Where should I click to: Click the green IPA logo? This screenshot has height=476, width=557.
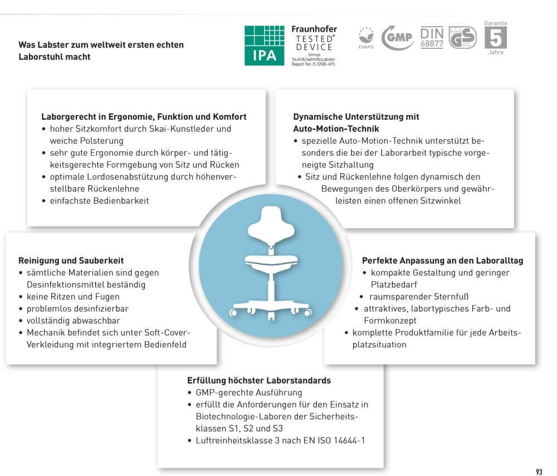tap(264, 45)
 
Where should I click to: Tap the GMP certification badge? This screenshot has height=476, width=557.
tap(397, 38)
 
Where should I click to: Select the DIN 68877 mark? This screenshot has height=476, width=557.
tap(432, 37)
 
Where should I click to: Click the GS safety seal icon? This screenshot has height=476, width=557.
tap(462, 38)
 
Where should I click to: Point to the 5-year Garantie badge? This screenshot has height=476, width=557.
tap(495, 37)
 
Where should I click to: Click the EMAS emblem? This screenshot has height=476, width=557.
tap(366, 38)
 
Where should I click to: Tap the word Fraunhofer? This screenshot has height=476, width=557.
tap(314, 29)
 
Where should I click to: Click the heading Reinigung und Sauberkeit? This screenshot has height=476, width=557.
tap(71, 261)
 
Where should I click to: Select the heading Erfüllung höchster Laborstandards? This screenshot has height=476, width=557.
tap(259, 381)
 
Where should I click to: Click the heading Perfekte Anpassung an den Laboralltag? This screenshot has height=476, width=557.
tap(442, 261)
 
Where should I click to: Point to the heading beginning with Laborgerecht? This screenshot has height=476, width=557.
tap(144, 117)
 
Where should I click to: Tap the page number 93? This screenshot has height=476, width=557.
tap(539, 472)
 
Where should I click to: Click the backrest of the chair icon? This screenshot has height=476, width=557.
tap(270, 222)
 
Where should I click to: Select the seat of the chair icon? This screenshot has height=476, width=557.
tap(270, 259)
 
